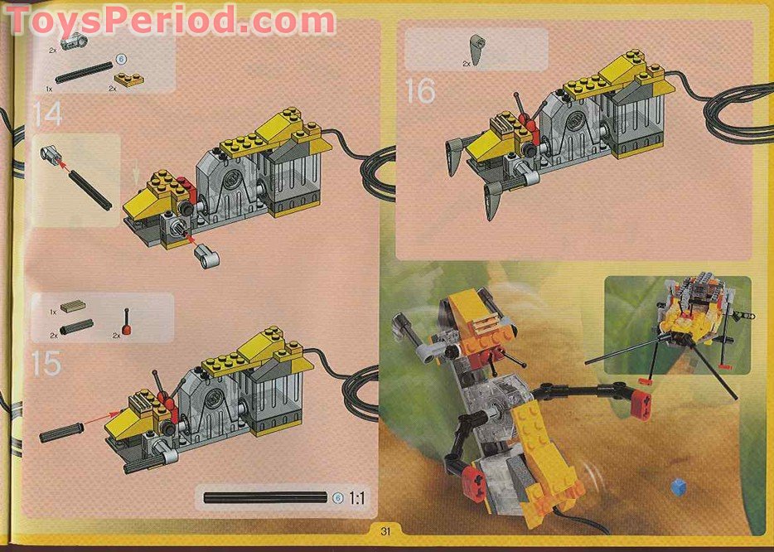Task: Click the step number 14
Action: click(48, 114)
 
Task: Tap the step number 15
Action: click(46, 362)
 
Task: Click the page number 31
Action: click(385, 531)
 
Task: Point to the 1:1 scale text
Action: click(358, 498)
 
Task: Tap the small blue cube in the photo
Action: click(679, 485)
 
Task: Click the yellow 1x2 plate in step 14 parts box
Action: click(129, 79)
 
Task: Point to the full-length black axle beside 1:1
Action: click(266, 498)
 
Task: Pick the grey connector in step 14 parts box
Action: click(75, 40)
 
